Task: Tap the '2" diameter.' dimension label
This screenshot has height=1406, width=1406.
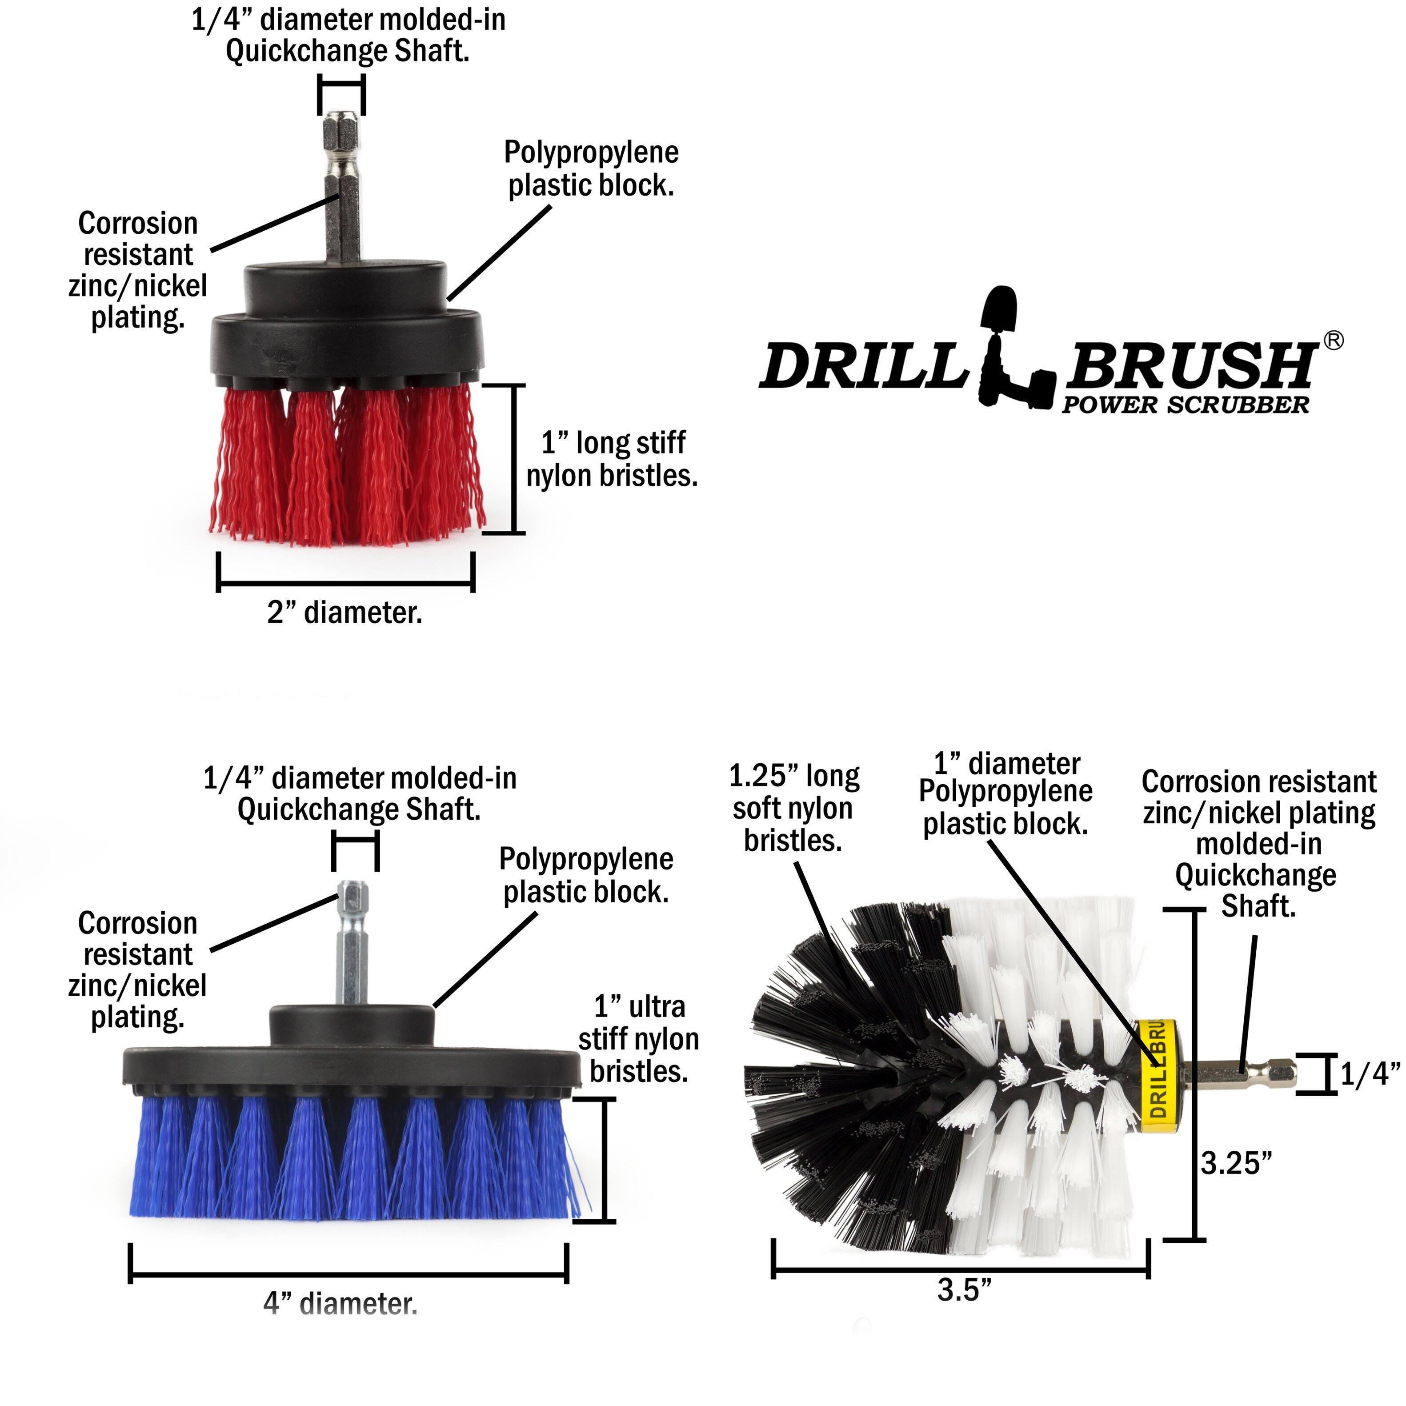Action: coord(344,612)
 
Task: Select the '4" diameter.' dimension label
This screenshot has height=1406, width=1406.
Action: coord(340,1303)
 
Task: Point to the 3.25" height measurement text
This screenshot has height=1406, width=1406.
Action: coord(1236,1163)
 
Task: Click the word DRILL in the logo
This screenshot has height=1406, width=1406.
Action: coord(862,365)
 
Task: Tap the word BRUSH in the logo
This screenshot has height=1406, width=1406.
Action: coord(1190,365)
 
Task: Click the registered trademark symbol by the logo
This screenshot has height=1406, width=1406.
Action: coord(1333,340)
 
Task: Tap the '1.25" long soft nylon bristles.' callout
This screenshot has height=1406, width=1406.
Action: coord(794,808)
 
